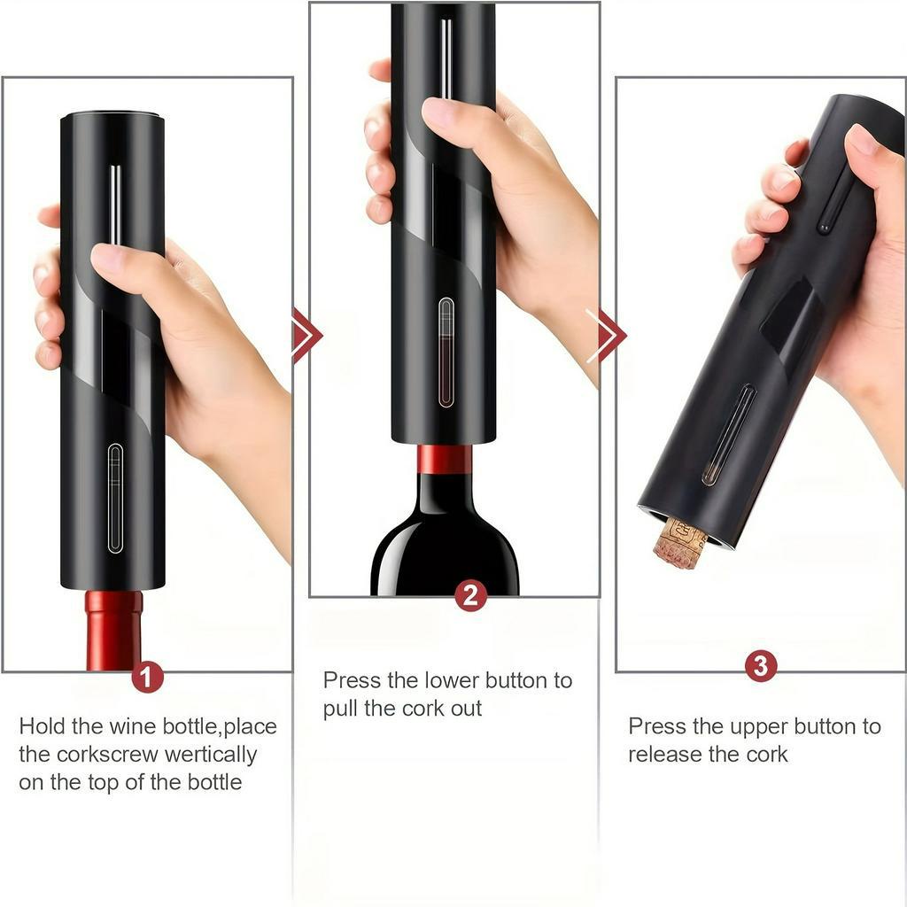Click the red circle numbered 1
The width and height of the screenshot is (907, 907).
[x=147, y=677]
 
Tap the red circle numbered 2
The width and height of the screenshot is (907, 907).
[x=470, y=596]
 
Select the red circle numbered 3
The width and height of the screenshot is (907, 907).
[x=761, y=666]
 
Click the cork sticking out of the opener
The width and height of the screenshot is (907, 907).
[x=680, y=544]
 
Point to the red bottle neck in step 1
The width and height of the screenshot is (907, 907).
[x=114, y=631]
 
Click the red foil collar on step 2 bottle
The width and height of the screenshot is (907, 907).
[x=445, y=460]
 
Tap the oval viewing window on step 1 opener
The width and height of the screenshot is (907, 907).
[x=116, y=498]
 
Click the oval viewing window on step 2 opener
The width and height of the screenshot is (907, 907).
[x=446, y=353]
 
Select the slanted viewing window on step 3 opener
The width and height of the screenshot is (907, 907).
[x=729, y=435]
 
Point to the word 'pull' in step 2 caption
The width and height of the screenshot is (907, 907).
[x=341, y=709]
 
